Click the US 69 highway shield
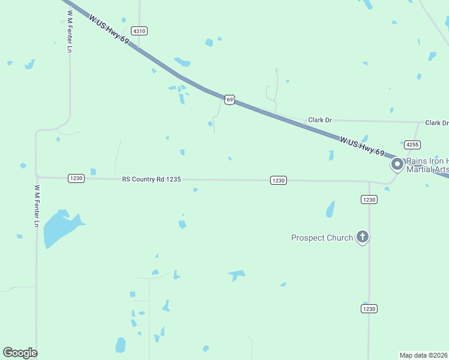[229, 99]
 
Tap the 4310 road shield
[139, 31]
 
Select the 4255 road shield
[412, 145]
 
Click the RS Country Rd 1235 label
[151, 179]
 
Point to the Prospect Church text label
[322, 238]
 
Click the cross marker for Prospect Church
[362, 236]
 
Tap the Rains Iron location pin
[397, 164]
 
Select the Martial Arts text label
[427, 170]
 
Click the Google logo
[20, 353]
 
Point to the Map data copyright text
[423, 355]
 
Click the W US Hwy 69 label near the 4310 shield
[109, 29]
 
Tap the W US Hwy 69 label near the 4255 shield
[361, 146]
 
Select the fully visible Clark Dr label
[320, 120]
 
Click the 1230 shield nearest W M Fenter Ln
[76, 178]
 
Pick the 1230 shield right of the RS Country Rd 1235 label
[277, 180]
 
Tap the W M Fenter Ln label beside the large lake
[37, 206]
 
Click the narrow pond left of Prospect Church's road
[330, 209]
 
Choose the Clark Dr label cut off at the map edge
[436, 123]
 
